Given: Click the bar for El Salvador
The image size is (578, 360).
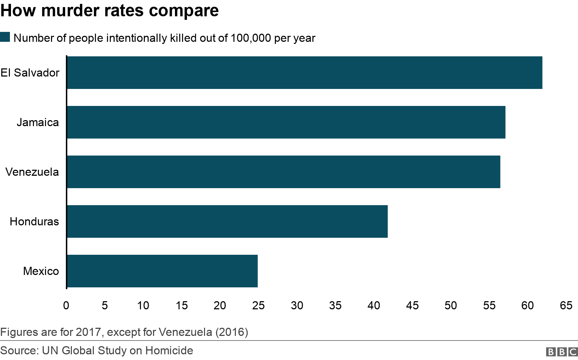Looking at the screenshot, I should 305,73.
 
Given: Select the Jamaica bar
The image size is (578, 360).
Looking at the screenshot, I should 286,122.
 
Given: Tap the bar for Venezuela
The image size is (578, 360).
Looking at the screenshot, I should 283,172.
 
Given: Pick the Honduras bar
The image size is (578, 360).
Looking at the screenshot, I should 227,221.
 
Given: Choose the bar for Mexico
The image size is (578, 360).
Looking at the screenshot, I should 162,271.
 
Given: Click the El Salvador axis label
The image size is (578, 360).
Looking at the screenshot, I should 30,73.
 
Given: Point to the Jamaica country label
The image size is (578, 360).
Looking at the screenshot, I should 38,122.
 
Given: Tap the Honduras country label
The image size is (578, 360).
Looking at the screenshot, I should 34,221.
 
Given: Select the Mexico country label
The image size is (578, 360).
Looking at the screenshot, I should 41,271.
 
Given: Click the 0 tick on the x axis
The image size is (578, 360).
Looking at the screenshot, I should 66,305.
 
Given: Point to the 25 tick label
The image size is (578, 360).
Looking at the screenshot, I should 259,305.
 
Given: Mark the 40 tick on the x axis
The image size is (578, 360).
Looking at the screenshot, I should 374,305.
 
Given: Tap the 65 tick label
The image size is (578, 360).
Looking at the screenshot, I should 566,305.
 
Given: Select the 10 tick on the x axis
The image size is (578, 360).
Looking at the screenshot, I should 143,305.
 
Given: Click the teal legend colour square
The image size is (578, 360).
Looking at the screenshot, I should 5,37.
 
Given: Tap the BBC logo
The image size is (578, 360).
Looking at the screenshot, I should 562,351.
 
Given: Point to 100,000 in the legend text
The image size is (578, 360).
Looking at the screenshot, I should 251,38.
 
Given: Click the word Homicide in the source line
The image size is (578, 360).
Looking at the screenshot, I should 169,350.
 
